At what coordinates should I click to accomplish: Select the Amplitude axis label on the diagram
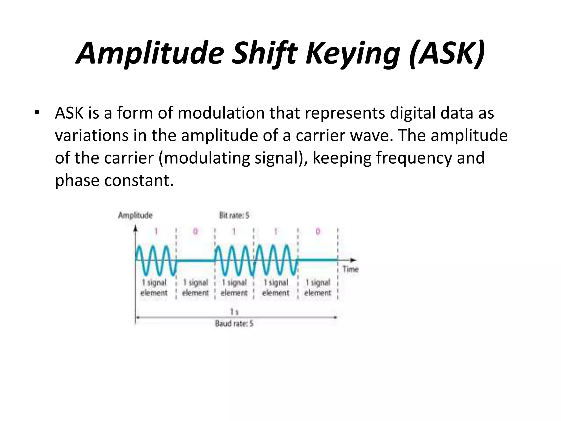(135, 215)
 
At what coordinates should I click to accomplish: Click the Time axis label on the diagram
(350, 269)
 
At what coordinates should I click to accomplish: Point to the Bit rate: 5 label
(234, 215)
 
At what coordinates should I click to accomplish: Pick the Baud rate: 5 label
(234, 324)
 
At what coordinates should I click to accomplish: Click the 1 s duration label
(234, 312)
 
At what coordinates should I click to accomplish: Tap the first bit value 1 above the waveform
(156, 232)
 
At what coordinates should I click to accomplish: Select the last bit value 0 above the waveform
(318, 232)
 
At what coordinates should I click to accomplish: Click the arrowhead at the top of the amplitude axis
(135, 228)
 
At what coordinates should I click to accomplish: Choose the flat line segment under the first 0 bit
(195, 260)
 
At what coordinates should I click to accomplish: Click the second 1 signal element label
(195, 288)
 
